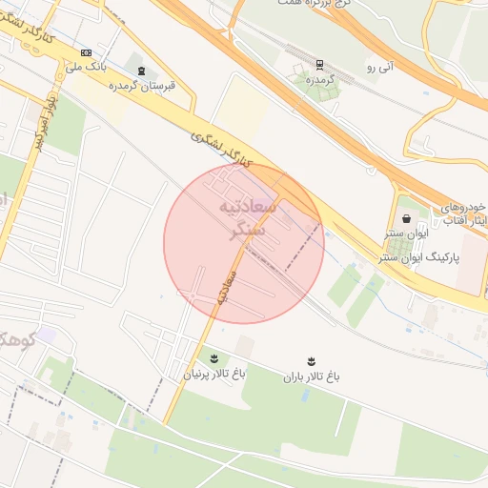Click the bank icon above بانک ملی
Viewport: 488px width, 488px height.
click(88, 52)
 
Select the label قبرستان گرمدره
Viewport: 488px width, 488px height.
click(142, 86)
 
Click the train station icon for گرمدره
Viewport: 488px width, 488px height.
click(319, 65)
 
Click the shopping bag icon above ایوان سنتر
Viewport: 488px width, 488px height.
click(407, 218)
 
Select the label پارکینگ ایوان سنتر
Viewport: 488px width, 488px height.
click(420, 257)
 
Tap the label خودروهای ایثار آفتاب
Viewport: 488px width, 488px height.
click(463, 213)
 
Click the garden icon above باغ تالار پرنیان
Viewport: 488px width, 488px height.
click(213, 358)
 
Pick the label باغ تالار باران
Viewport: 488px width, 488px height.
click(311, 376)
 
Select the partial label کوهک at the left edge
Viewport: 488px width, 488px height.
click(13, 338)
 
